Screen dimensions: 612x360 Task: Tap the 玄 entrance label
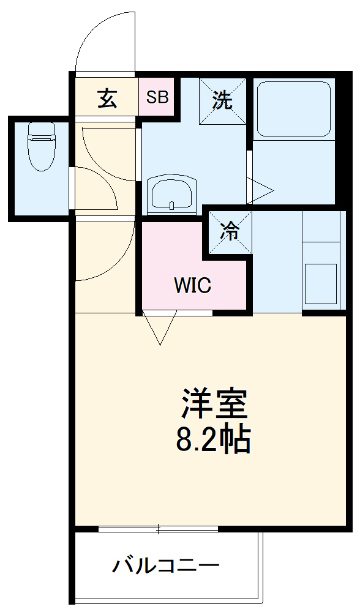pos(108,98)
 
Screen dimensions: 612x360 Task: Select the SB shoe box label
pos(157,97)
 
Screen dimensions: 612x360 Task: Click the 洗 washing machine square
pos(223,99)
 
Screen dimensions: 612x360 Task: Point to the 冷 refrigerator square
pos(230,231)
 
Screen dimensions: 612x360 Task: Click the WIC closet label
pos(192,285)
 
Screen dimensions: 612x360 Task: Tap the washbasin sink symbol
pos(171,194)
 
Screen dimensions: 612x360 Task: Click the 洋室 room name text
pos(214,404)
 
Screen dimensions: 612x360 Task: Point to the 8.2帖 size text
pos(214,439)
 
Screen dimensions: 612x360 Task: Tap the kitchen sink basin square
pos(321,283)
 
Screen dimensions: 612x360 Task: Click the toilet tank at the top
pos(41,129)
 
